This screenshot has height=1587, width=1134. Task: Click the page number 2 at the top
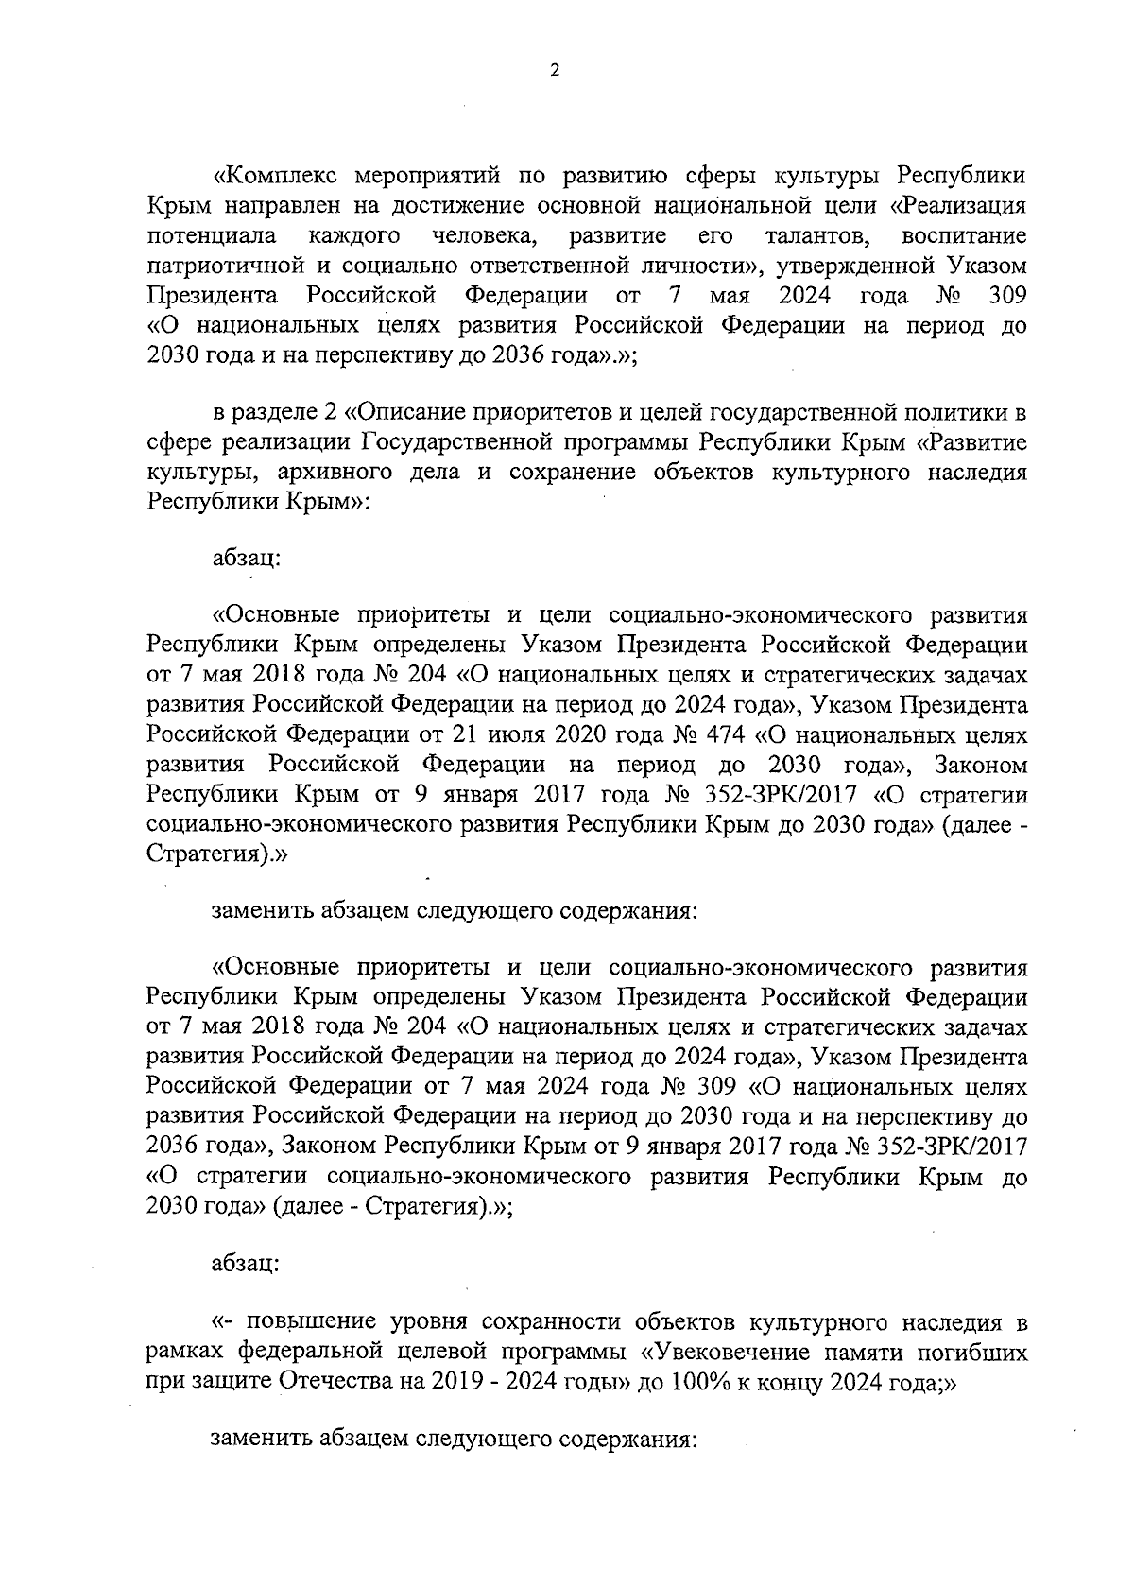555,70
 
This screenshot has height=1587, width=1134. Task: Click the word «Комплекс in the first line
272,176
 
